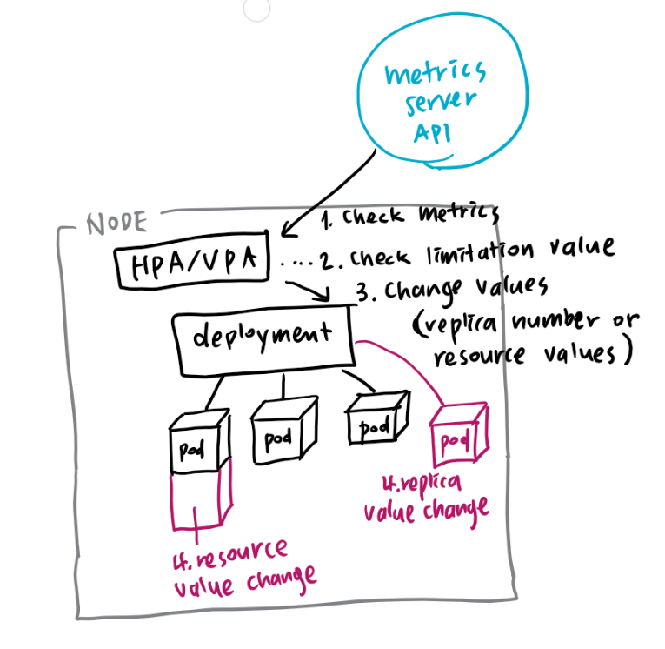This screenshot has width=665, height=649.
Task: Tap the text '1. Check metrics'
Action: (x=409, y=216)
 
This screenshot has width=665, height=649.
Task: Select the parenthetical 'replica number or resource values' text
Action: (x=522, y=339)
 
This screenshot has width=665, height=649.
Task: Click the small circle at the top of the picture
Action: (x=257, y=8)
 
